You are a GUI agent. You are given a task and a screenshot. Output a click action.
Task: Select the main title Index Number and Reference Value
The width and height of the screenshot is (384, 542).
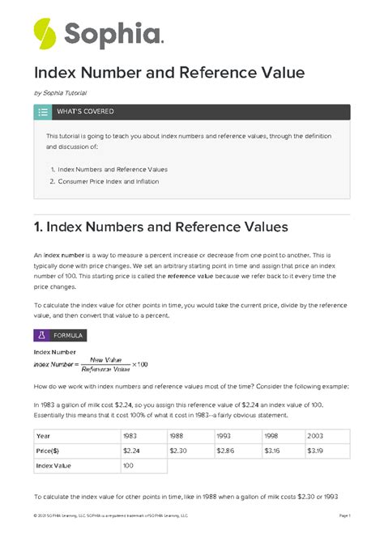click(169, 73)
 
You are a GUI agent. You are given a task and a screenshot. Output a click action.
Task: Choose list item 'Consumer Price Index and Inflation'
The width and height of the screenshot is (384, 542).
click(109, 181)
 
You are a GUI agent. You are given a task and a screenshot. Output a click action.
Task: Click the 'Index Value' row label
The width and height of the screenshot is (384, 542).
click(56, 467)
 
